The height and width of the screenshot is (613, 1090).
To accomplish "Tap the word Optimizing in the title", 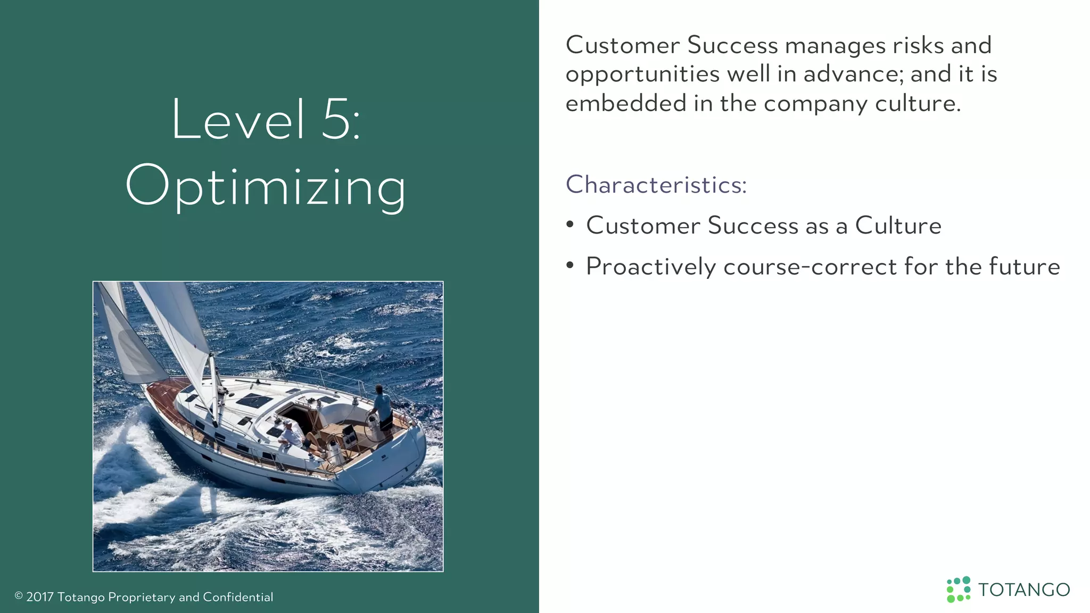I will [266, 186].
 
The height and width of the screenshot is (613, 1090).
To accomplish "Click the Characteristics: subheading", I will [656, 185].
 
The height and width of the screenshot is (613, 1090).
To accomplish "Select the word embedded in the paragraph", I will [625, 103].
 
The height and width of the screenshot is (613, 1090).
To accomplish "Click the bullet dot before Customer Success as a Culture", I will [570, 225].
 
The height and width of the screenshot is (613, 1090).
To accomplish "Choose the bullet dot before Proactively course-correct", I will [570, 266].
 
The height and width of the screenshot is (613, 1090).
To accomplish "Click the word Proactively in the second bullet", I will [650, 267].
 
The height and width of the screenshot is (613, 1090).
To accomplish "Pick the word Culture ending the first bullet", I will [898, 226].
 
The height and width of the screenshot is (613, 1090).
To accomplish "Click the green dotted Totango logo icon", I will [959, 590].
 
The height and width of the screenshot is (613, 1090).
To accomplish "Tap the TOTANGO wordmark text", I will [1024, 590].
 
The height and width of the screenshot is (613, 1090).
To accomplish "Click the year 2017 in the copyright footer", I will [40, 597].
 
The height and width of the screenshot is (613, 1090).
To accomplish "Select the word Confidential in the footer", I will [238, 597].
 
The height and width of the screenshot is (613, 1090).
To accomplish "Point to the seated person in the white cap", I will [290, 434].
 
